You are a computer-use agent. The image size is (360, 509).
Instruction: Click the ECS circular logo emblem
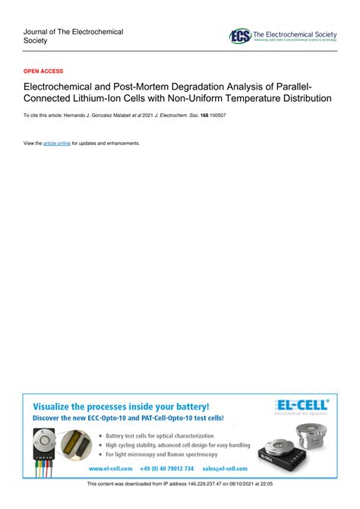click(240, 36)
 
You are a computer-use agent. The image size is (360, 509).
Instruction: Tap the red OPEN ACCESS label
click(43, 69)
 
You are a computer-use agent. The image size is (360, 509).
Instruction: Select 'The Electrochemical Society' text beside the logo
click(294, 34)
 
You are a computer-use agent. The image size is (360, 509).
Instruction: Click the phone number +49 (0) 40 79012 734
click(169, 469)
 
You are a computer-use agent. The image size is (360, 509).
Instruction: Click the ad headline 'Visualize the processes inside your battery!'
click(120, 407)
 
